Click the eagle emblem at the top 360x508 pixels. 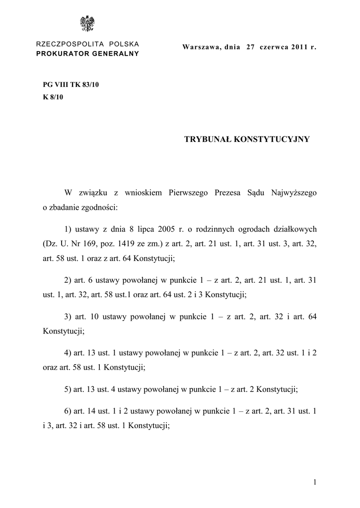[88, 24]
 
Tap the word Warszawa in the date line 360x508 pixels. [201, 48]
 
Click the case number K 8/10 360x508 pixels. [54, 97]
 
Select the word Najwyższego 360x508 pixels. [291, 192]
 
